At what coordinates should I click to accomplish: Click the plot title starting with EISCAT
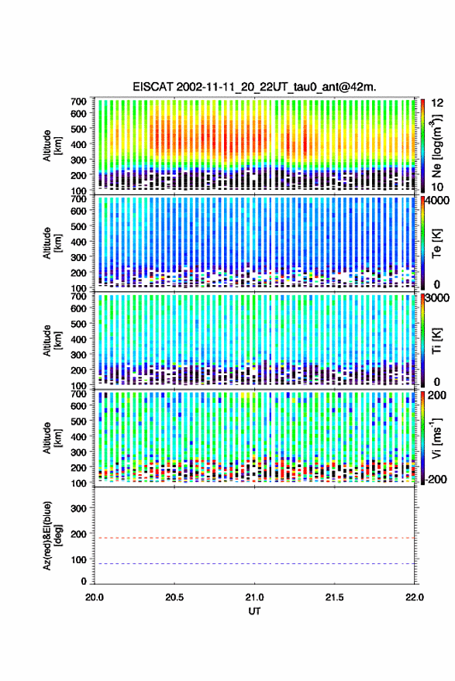(x=254, y=87)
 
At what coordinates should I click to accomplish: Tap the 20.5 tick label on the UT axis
(x=174, y=597)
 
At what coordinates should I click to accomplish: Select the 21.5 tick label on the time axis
(x=334, y=597)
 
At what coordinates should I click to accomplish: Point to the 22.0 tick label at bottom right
(x=414, y=597)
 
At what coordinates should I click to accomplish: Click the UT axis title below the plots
(x=254, y=611)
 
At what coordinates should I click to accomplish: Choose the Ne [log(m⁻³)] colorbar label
(x=436, y=146)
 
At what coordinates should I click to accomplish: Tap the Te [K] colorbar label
(x=436, y=243)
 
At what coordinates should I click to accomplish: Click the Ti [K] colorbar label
(x=436, y=341)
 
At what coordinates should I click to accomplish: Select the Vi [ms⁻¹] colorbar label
(x=436, y=439)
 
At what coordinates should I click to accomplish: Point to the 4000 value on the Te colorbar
(x=438, y=202)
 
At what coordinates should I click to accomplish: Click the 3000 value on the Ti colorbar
(x=438, y=298)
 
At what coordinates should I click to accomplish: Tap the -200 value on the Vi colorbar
(x=436, y=480)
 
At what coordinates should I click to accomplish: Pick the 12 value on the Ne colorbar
(x=437, y=103)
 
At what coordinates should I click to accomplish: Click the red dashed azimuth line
(x=254, y=538)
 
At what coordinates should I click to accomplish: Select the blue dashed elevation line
(x=254, y=563)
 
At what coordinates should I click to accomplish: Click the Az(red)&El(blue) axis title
(x=52, y=535)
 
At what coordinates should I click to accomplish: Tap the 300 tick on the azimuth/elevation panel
(x=78, y=508)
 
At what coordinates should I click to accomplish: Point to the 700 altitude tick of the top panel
(x=78, y=101)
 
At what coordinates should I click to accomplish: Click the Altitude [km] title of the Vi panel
(x=52, y=438)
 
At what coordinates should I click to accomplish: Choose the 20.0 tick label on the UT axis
(x=95, y=597)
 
